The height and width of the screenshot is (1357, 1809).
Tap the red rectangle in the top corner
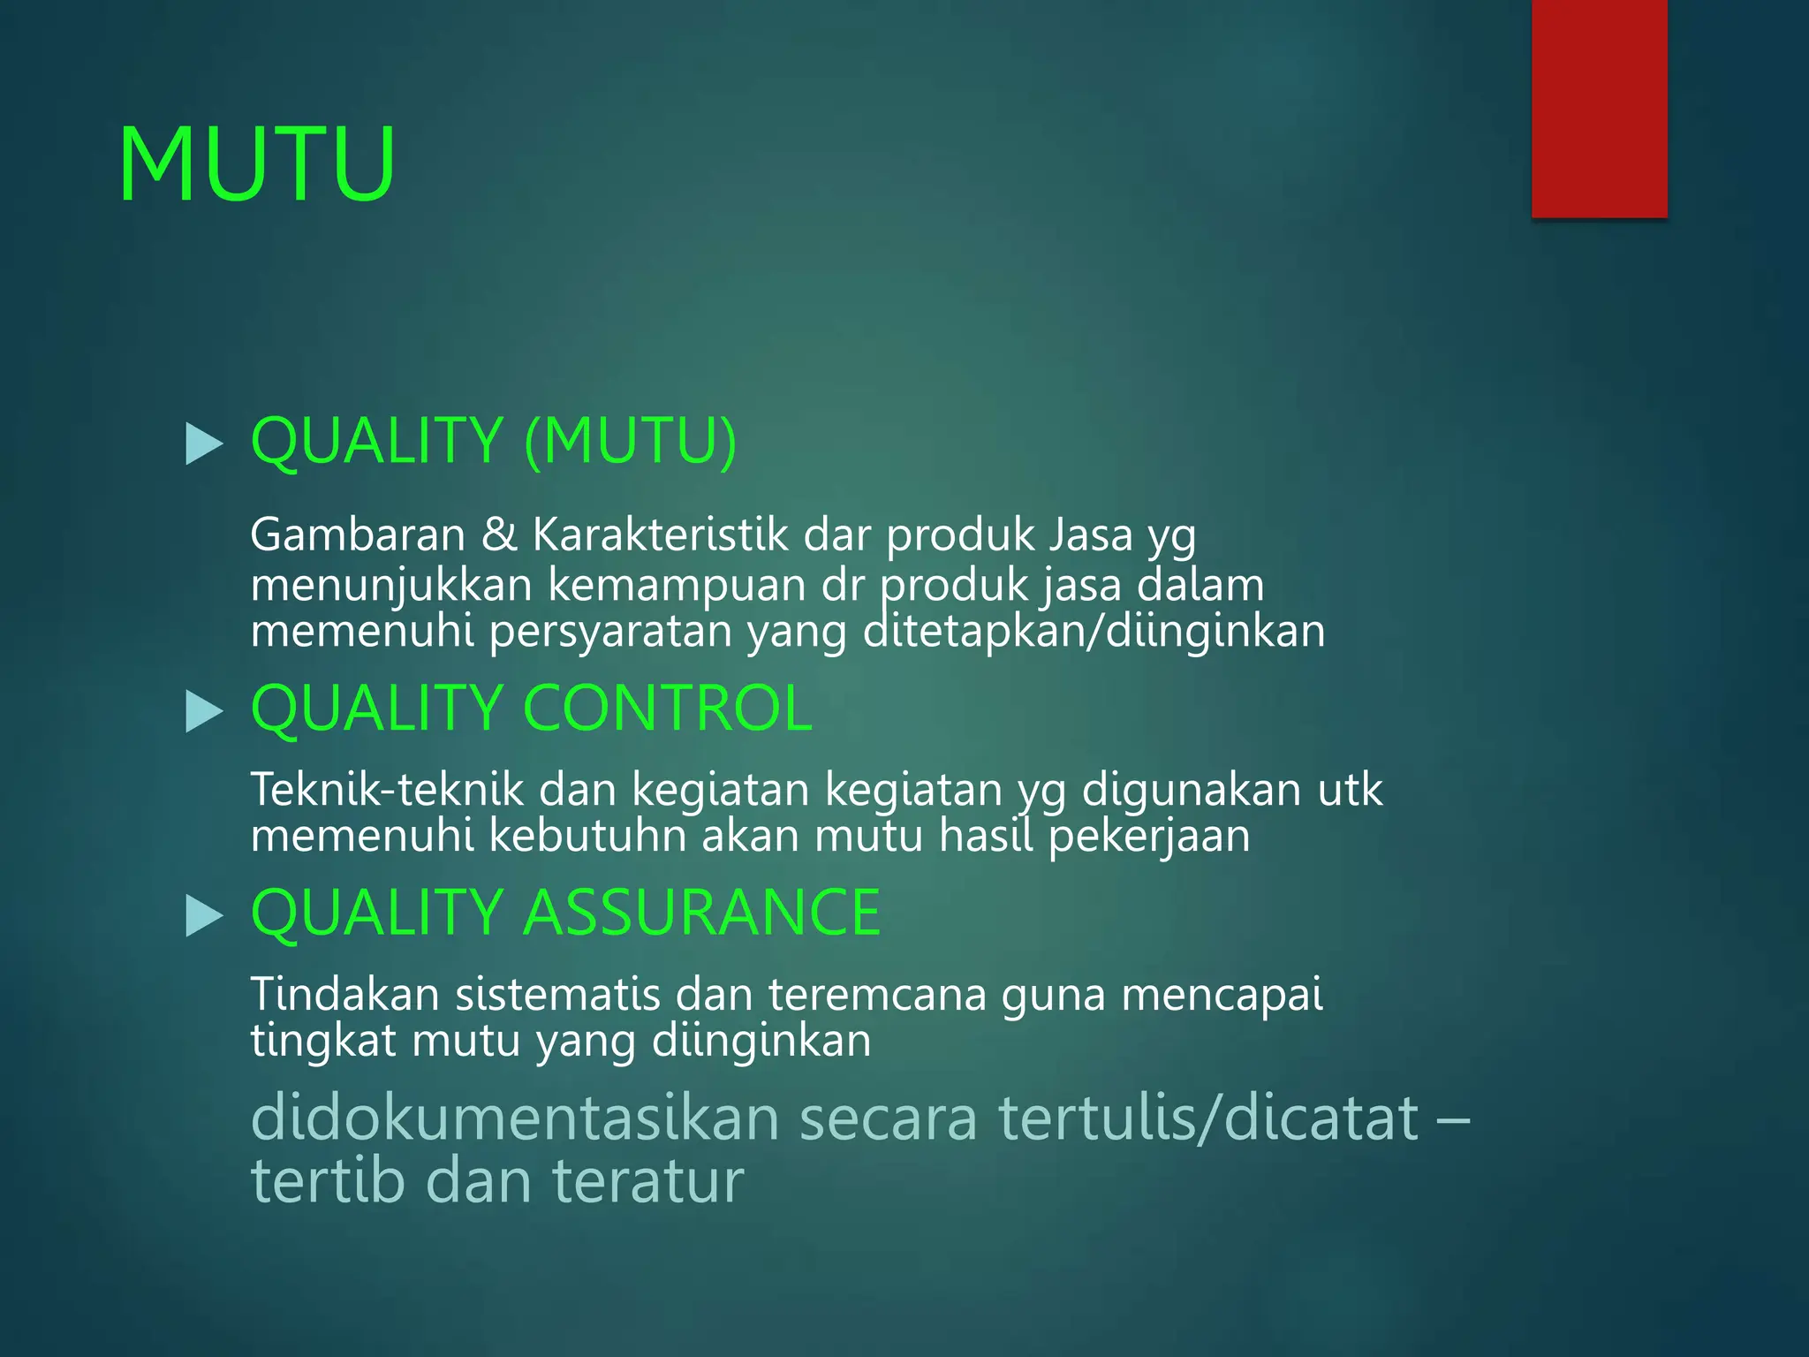pos(1599,108)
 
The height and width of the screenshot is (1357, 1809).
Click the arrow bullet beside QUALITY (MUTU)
pos(205,443)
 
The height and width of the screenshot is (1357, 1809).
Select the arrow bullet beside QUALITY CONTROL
pos(205,711)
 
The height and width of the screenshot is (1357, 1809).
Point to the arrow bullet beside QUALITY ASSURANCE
pos(205,915)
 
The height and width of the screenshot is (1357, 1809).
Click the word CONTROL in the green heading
pos(668,709)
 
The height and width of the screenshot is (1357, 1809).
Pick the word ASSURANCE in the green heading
pos(702,913)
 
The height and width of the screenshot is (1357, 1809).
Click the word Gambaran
pos(358,535)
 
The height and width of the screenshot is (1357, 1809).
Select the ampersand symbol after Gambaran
pos(499,535)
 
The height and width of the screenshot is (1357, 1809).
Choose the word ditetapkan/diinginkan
pos(1094,632)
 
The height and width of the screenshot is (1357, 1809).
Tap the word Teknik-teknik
pos(387,789)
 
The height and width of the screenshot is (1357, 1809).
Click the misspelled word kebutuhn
pos(587,836)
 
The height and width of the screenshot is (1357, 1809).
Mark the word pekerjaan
pos(1149,836)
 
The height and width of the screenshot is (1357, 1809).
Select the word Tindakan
pos(345,994)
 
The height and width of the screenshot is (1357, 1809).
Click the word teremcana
pos(877,994)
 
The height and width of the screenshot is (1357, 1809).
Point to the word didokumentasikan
pos(516,1118)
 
